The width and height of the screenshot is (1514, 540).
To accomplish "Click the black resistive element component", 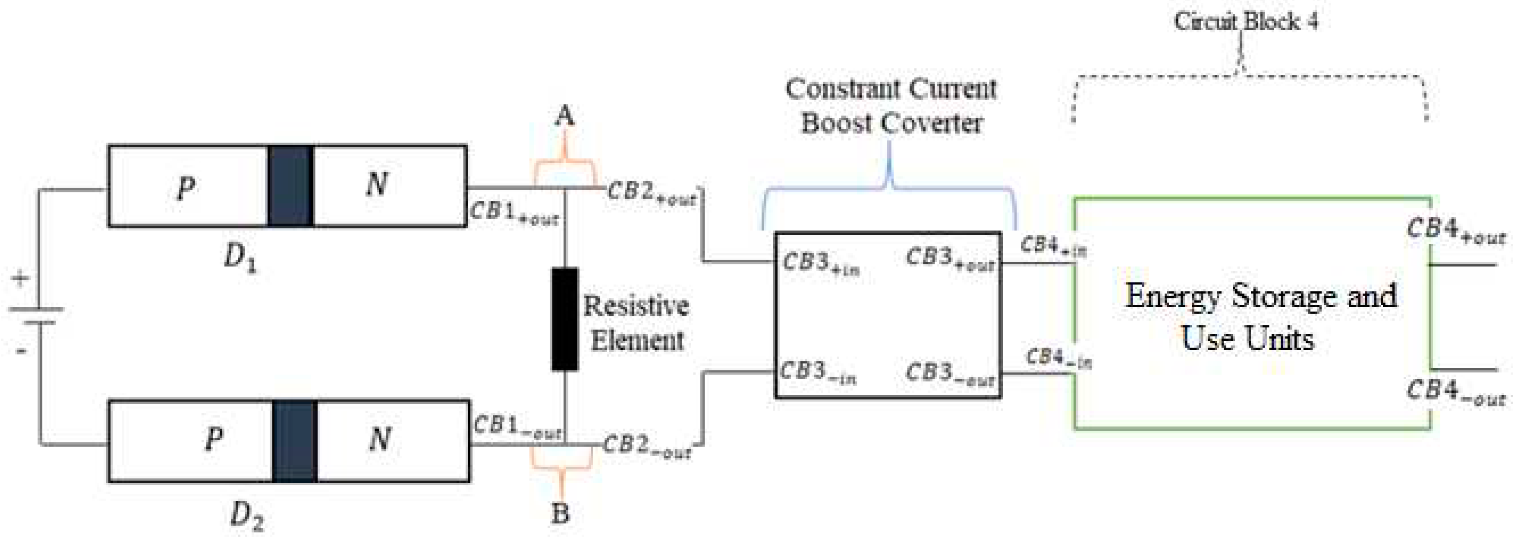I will click(x=564, y=319).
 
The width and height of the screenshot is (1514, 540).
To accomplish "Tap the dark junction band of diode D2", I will click(x=294, y=441).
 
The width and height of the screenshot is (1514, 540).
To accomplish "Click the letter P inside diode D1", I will click(x=186, y=188).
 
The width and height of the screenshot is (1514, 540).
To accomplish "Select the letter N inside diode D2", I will click(x=379, y=439).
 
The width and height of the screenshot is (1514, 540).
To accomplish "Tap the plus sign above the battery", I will click(x=21, y=278).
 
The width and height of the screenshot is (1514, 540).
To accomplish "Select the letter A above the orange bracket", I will click(x=564, y=116).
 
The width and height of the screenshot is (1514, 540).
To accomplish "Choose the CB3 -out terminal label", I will click(x=950, y=374).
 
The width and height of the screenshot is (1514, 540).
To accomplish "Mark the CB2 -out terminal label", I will click(x=647, y=447).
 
